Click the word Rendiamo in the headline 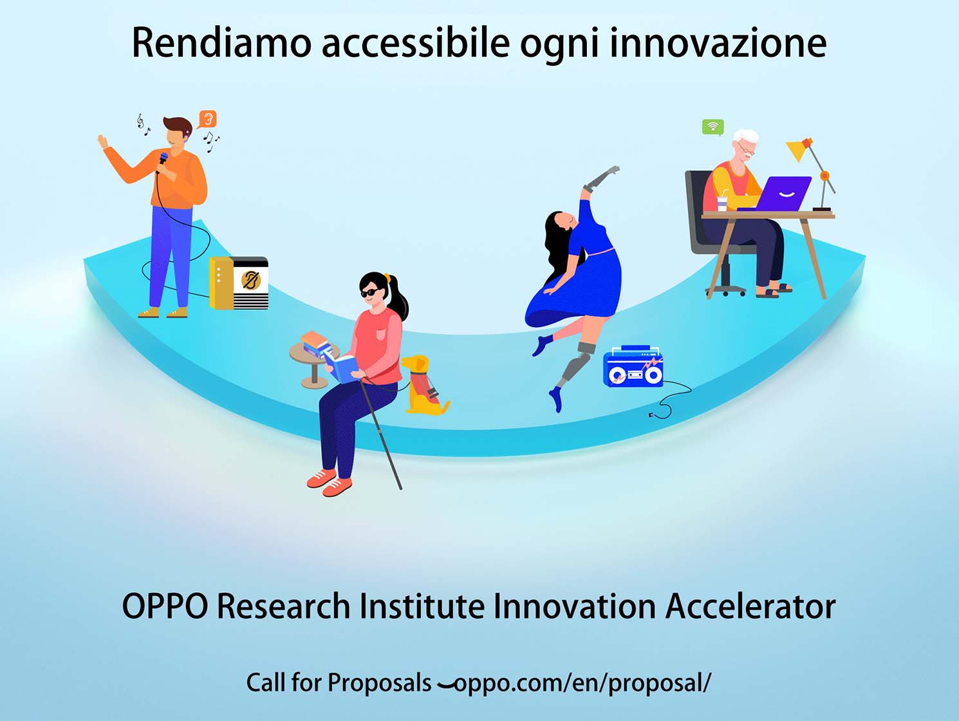(221, 42)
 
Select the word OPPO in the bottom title (165, 606)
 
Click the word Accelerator (750, 606)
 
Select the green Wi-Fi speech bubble (713, 127)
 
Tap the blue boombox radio (633, 368)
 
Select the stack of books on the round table (315, 344)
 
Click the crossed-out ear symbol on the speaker (251, 281)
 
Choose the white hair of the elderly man (746, 136)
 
